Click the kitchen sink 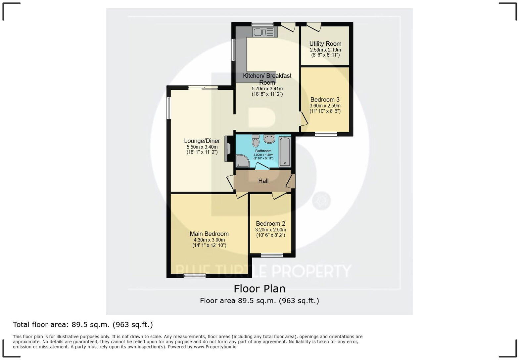(x=263, y=32)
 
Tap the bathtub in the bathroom (x=285, y=152)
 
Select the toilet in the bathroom (x=256, y=141)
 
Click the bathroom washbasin (x=269, y=139)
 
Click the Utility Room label (x=325, y=44)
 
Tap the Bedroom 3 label (x=325, y=100)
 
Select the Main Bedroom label (x=209, y=234)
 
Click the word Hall (x=263, y=181)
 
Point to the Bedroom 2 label (x=270, y=224)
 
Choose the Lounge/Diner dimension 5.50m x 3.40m (x=202, y=147)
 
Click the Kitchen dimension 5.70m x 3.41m (x=267, y=89)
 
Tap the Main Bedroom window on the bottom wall (x=195, y=276)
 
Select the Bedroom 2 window (x=271, y=255)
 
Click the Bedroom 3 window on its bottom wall (x=326, y=134)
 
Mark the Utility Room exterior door (x=314, y=26)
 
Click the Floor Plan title (x=259, y=289)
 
